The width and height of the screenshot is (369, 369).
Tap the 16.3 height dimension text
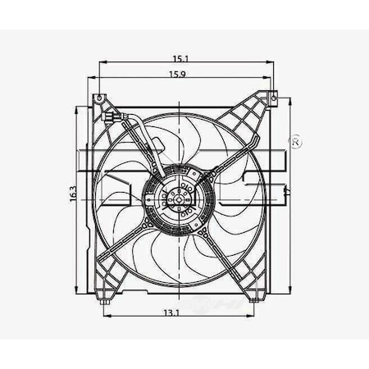(73, 194)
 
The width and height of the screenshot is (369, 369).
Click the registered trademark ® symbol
(296, 143)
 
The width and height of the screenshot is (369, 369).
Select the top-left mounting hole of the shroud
(99, 99)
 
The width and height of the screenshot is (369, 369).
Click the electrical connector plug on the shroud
(121, 118)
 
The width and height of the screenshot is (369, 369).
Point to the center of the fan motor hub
(177, 197)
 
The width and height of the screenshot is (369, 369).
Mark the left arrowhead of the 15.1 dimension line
(101, 62)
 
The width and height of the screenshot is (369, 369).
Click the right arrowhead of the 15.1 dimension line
(272, 62)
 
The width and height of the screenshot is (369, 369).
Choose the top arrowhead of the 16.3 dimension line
(78, 107)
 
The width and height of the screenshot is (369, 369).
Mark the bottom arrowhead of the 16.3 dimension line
(78, 293)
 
